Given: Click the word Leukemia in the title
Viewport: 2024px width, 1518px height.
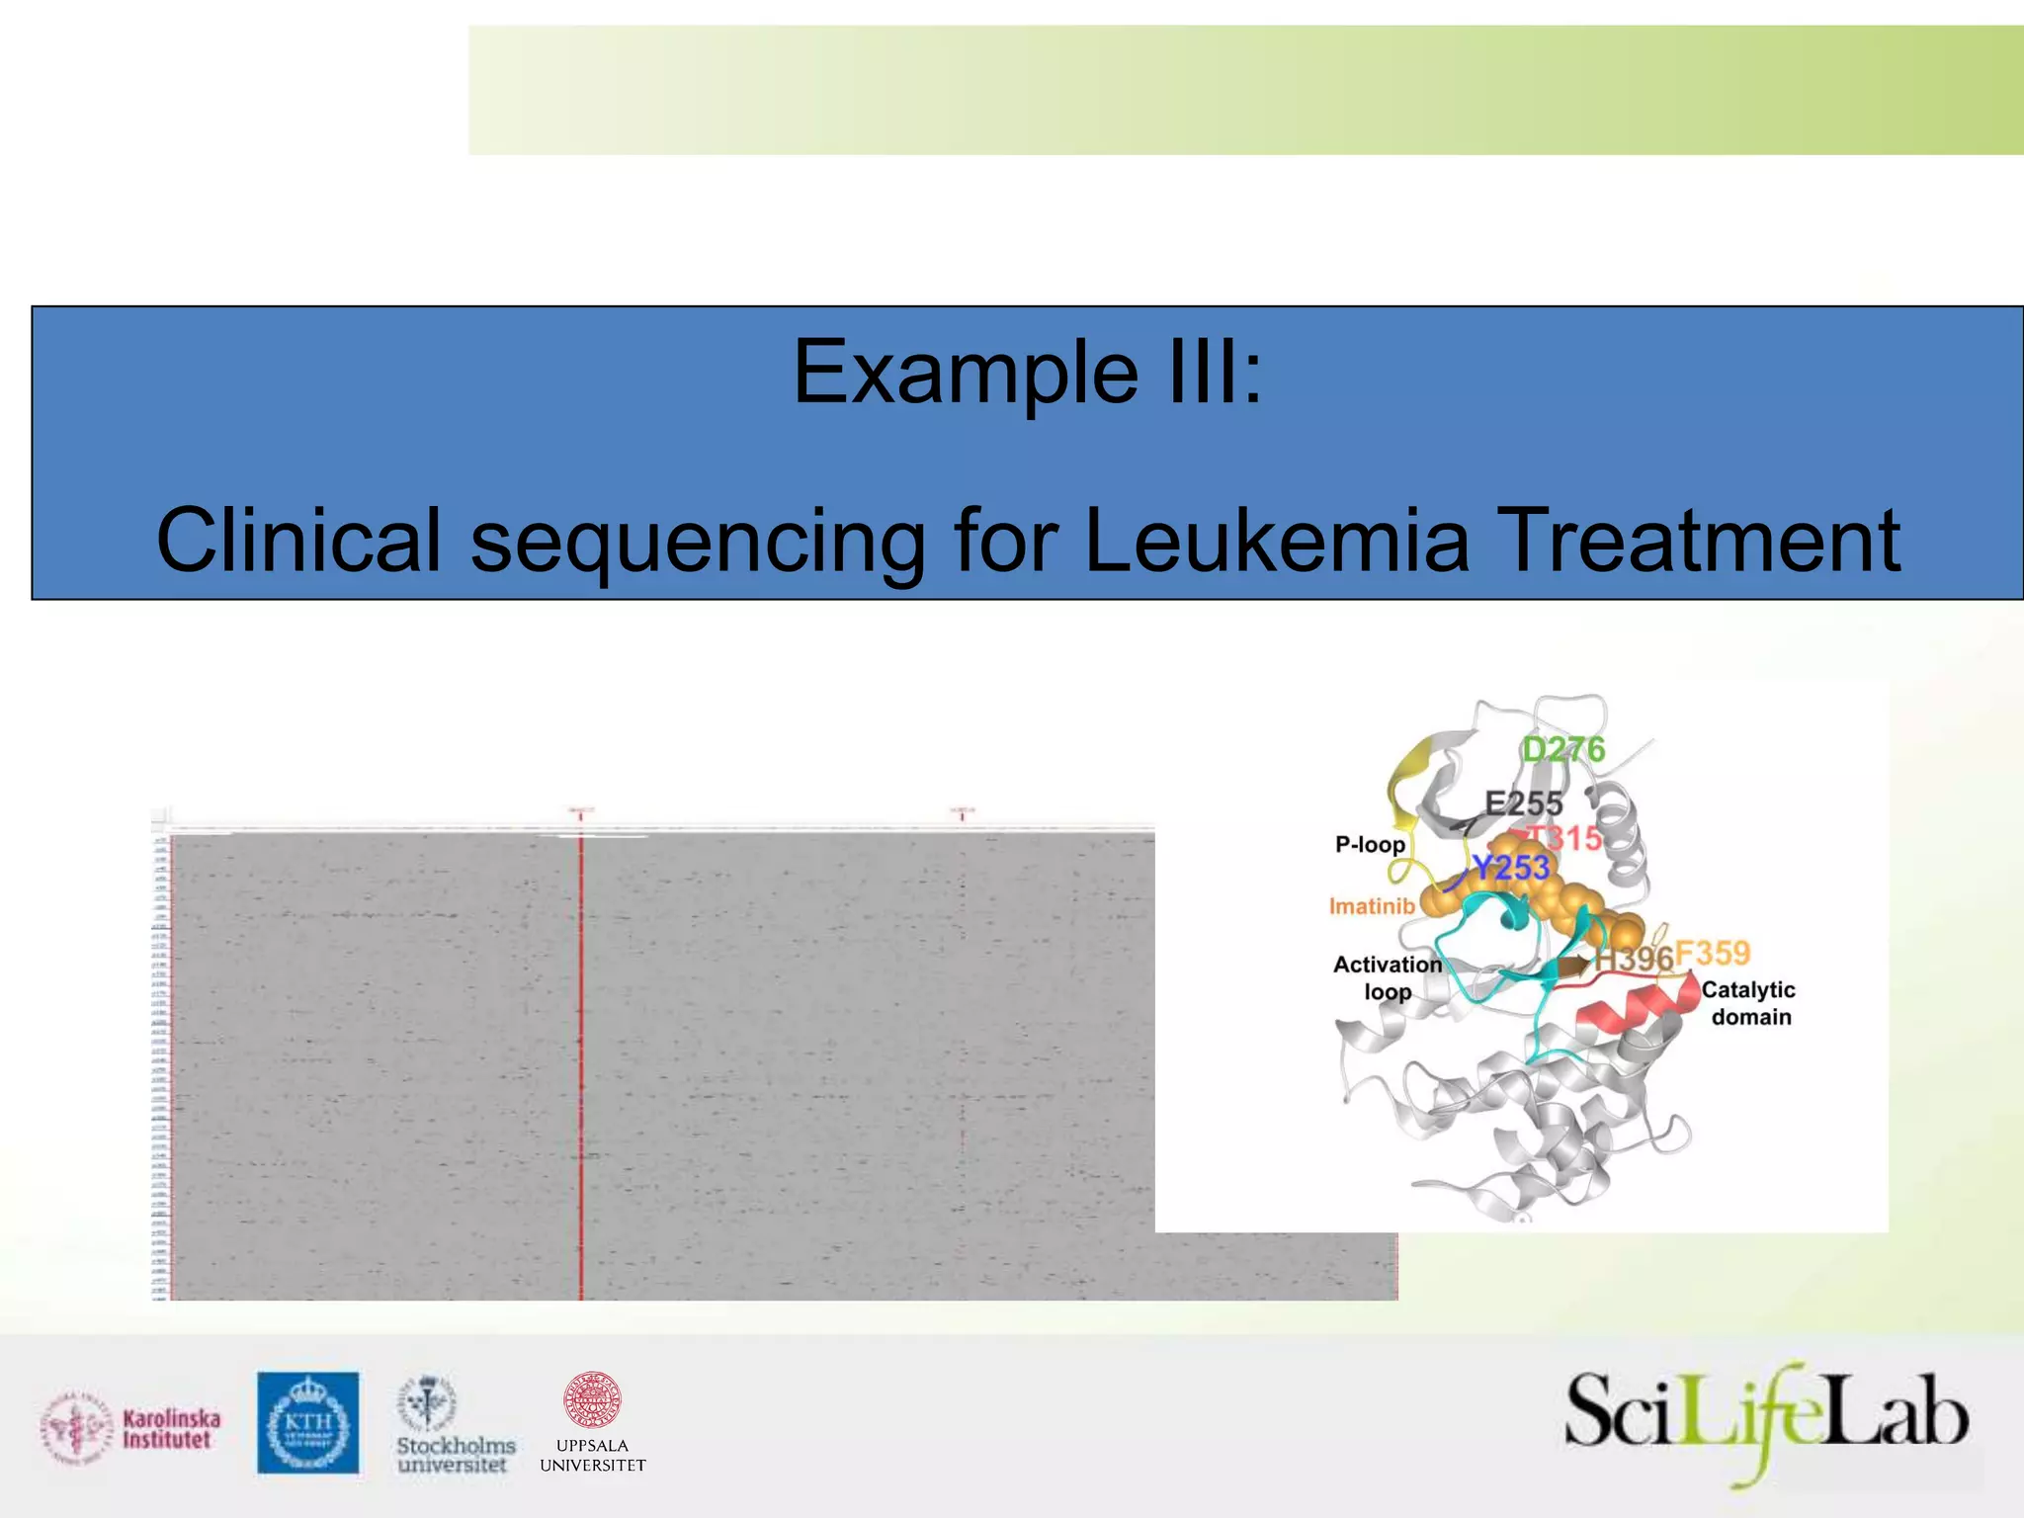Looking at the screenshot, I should click(1276, 541).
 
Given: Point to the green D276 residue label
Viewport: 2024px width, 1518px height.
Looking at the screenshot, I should click(1562, 750).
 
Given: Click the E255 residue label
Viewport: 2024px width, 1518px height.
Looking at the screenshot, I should click(1524, 803).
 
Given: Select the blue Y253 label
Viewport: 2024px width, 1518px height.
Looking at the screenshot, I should click(1511, 868).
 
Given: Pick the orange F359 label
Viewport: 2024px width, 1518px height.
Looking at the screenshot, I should click(1713, 953).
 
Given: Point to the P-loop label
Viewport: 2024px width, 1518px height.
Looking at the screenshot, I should click(1370, 844).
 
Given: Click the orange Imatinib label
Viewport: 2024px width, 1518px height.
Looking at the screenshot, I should click(1372, 906).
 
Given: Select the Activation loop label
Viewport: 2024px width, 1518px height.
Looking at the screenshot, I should click(1388, 977).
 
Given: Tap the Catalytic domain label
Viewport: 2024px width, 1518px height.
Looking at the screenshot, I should click(1749, 1003).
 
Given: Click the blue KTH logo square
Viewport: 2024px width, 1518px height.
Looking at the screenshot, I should click(308, 1422).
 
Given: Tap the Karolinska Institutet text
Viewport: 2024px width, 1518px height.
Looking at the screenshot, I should click(171, 1429).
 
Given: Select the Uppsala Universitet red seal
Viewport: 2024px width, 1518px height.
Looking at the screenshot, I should click(592, 1400).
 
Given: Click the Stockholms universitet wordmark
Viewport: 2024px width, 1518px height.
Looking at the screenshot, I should click(456, 1455).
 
